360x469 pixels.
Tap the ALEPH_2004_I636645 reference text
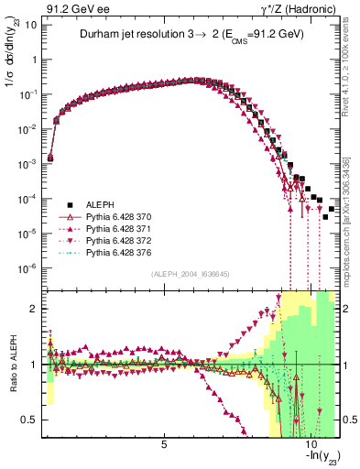(x=191, y=274)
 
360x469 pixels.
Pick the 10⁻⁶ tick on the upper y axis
(x=30, y=267)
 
